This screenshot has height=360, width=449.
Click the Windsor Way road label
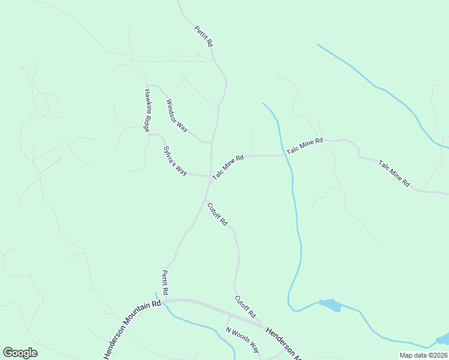[177, 116]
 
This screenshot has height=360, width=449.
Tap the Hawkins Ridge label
[146, 110]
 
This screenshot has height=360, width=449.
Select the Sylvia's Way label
[175, 161]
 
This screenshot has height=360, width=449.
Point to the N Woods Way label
[243, 340]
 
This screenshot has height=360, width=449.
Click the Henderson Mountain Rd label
[133, 328]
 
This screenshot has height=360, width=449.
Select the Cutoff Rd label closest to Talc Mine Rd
[217, 214]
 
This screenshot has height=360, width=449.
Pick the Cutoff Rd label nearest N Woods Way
[246, 307]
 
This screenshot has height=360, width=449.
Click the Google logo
[20, 353]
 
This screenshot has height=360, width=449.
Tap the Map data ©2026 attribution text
[423, 355]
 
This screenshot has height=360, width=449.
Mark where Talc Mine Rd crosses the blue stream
[285, 155]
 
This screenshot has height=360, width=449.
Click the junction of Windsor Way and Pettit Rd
[211, 143]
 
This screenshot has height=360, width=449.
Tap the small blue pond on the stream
[331, 305]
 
